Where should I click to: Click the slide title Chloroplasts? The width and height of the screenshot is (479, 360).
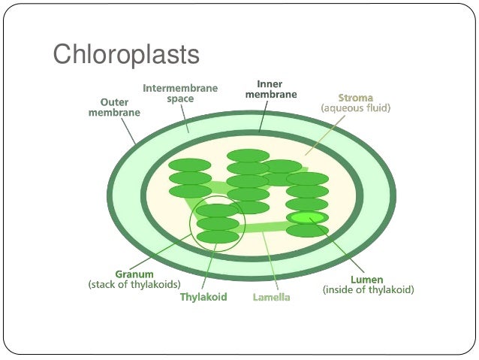[125, 55]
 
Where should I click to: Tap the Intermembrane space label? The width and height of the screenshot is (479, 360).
[180, 93]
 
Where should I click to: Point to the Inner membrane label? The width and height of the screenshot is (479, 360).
[271, 89]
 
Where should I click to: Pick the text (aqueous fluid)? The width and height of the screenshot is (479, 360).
[355, 108]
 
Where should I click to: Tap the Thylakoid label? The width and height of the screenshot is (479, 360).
[203, 297]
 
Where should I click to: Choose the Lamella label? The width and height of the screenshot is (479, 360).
[271, 297]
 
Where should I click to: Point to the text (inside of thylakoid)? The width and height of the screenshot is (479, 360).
[368, 289]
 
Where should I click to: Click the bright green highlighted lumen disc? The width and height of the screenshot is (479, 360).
[307, 217]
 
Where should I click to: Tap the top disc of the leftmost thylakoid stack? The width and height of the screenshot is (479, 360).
[190, 165]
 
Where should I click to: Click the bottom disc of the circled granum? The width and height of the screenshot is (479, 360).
[218, 237]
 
